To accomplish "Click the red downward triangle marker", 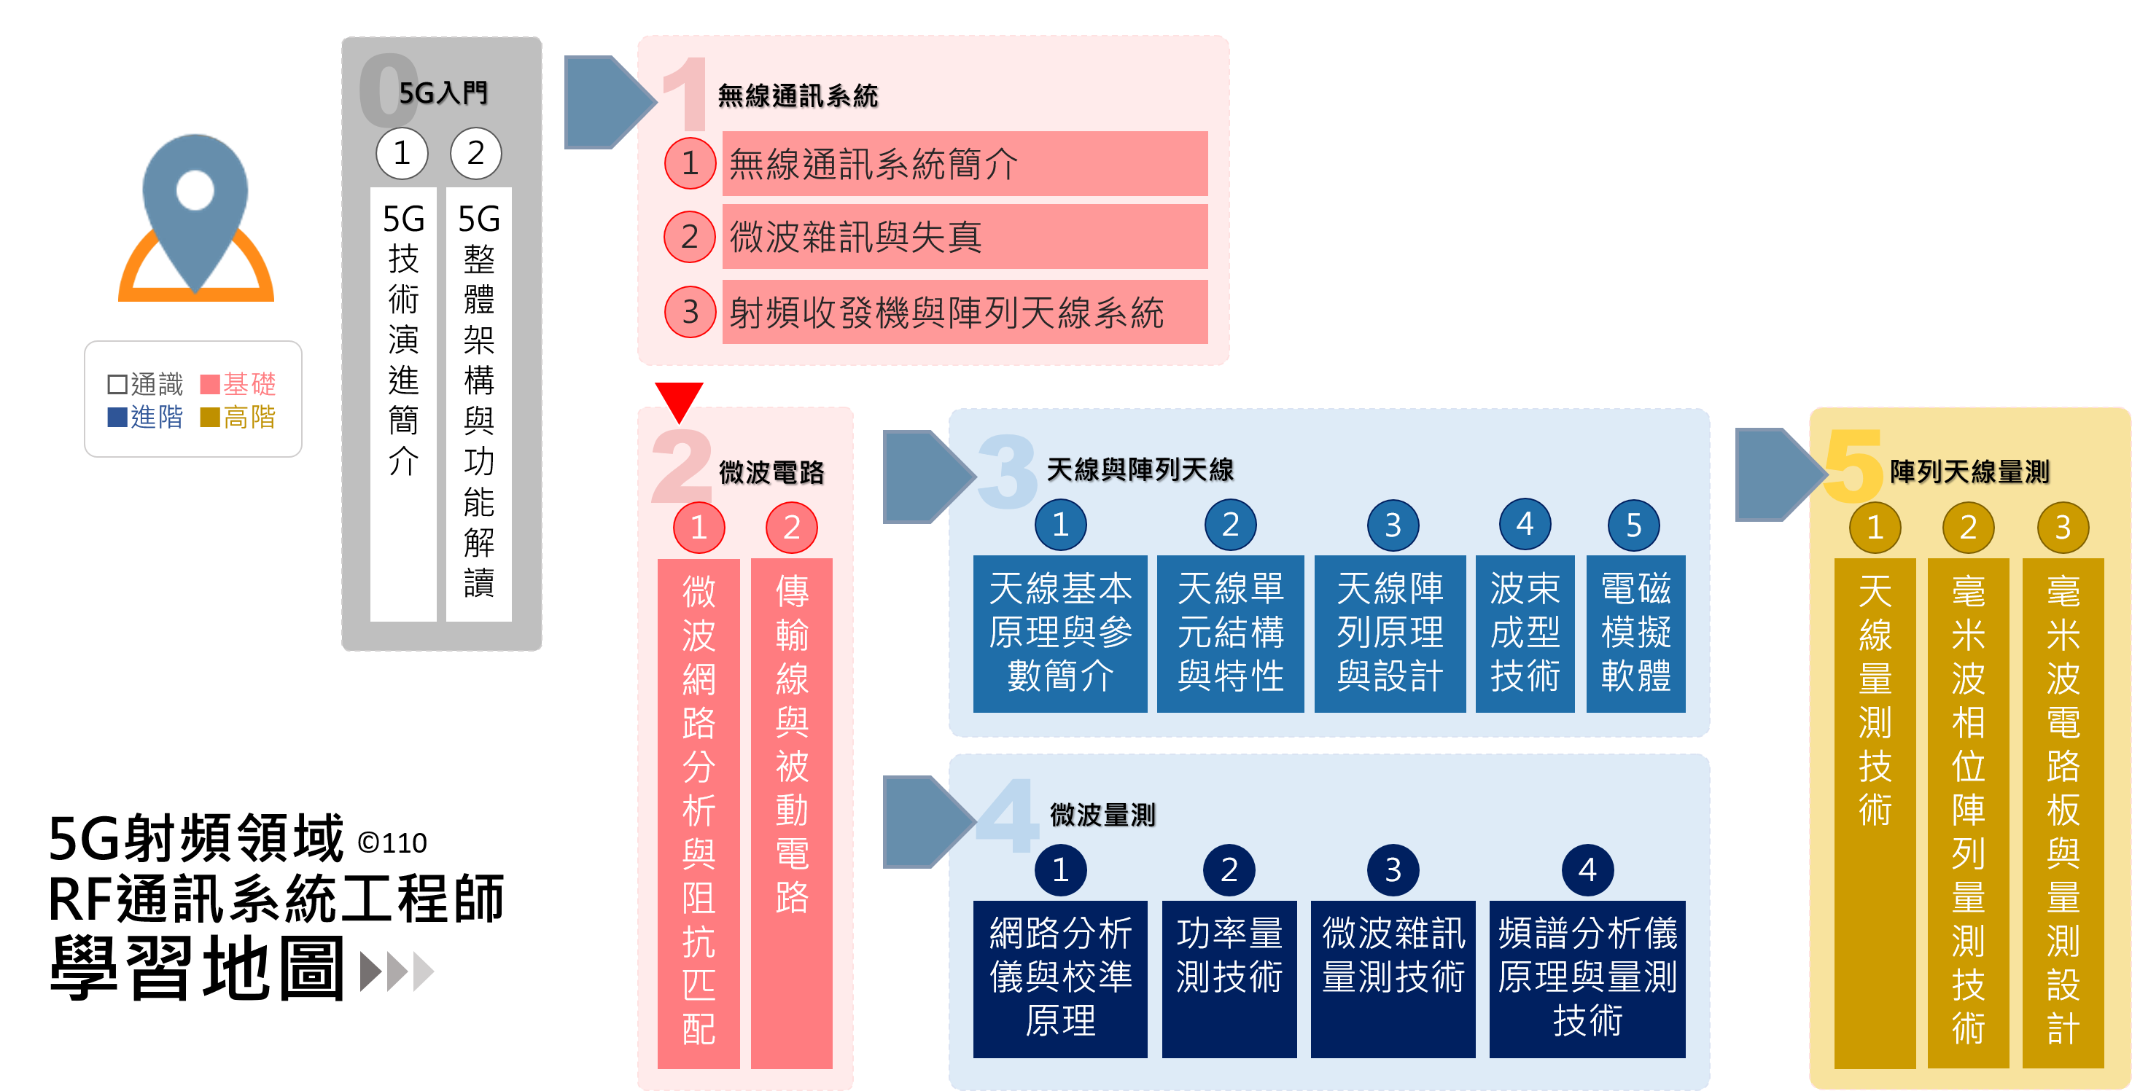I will pos(679,399).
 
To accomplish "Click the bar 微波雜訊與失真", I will pos(964,238).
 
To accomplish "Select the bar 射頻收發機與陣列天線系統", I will pos(964,313).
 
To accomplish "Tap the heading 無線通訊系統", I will pos(797,96).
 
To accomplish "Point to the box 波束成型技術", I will pos(1525,633).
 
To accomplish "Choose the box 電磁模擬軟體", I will pos(1635,633).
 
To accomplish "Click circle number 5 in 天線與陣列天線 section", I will pos(1633,525).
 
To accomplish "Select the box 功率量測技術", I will pos(1229,978).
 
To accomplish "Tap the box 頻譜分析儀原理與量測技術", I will pos(1587,978).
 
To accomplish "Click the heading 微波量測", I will pos(1102,816).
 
